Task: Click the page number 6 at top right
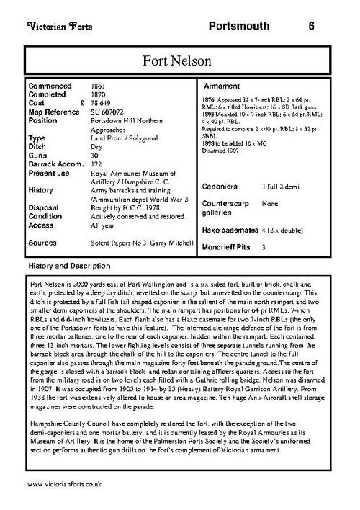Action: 310,27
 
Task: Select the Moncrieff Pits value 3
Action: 264,247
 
